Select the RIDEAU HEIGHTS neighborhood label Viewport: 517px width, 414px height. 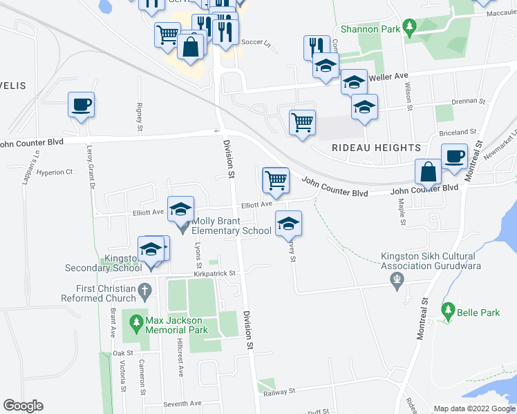376,148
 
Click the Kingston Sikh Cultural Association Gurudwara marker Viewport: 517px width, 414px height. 397,280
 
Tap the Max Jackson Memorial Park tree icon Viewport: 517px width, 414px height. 136,322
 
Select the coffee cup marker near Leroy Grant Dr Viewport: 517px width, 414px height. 81,106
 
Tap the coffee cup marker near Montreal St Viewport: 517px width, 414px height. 454,156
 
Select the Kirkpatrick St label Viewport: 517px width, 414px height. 214,273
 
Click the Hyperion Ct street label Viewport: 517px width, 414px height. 55,172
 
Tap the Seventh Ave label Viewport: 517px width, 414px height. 182,404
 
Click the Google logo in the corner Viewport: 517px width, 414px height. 23,406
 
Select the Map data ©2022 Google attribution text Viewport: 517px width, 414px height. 473,408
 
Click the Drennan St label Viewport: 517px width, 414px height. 469,101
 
